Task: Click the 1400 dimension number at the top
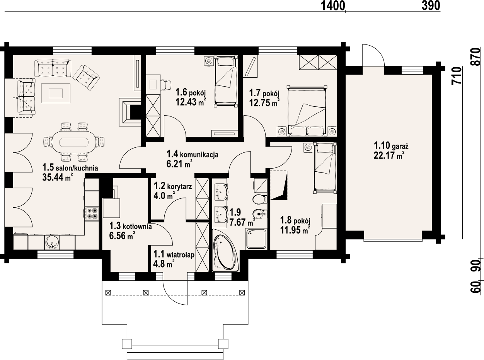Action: [333, 6]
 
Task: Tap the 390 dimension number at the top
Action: [431, 6]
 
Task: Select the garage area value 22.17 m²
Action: [389, 156]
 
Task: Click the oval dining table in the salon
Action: [74, 143]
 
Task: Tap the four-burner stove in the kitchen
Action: [92, 213]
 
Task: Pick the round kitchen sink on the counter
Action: [52, 242]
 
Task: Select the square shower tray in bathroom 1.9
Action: [256, 239]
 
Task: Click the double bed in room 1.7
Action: [307, 111]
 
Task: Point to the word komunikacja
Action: [199, 155]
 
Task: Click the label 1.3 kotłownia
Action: [131, 226]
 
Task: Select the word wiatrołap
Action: [180, 255]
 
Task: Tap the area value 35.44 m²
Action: [57, 177]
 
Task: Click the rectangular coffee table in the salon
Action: [56, 93]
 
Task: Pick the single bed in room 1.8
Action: [325, 168]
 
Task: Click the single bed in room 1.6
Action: [226, 81]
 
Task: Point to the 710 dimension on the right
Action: [457, 75]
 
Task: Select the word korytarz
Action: [179, 187]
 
